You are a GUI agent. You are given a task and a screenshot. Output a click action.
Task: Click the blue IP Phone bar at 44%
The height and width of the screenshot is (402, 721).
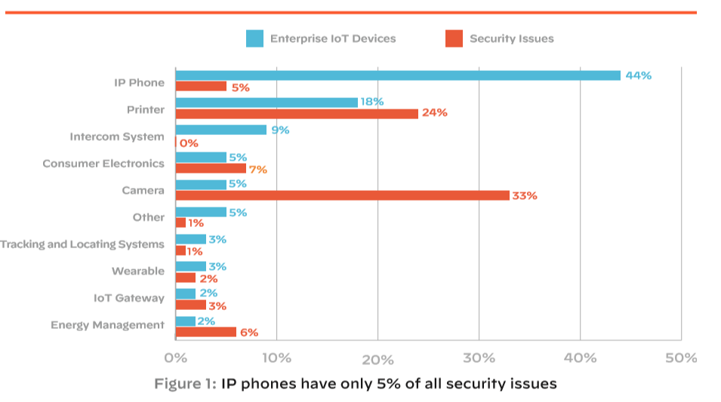398,75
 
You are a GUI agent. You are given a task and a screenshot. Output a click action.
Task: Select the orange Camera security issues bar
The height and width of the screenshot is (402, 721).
342,195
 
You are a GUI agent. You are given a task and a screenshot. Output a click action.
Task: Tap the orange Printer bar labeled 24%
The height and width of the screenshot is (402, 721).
297,113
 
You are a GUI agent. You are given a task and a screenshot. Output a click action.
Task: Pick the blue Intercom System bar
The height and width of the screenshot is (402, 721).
220,130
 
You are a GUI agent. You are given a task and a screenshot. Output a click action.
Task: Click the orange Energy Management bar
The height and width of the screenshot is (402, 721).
205,332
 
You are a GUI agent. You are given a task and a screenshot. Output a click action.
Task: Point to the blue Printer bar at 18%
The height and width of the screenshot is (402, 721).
267,102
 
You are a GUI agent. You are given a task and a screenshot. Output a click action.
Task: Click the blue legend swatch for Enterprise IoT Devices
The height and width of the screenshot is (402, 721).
255,38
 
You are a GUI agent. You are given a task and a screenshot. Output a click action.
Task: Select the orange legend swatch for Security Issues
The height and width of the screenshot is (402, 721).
454,38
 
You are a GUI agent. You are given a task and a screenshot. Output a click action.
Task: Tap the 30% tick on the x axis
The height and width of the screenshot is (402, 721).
479,358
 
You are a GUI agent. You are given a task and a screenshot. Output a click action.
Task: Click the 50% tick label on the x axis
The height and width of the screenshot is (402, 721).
681,358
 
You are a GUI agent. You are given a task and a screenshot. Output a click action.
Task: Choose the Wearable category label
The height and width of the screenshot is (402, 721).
138,271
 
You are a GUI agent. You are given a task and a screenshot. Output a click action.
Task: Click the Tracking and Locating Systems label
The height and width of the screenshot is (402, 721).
82,244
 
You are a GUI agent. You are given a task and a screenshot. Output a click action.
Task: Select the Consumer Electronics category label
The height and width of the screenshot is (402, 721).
103,164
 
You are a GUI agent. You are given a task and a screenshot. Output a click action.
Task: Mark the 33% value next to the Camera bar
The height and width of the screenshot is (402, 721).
525,195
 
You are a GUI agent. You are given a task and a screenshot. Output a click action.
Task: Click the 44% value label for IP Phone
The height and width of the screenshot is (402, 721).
638,75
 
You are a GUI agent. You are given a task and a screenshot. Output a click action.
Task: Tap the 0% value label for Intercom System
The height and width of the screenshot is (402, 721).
189,143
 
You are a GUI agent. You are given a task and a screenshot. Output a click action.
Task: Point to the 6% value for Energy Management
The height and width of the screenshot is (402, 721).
249,333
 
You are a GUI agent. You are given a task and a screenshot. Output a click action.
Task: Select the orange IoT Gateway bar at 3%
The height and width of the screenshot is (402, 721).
190,305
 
